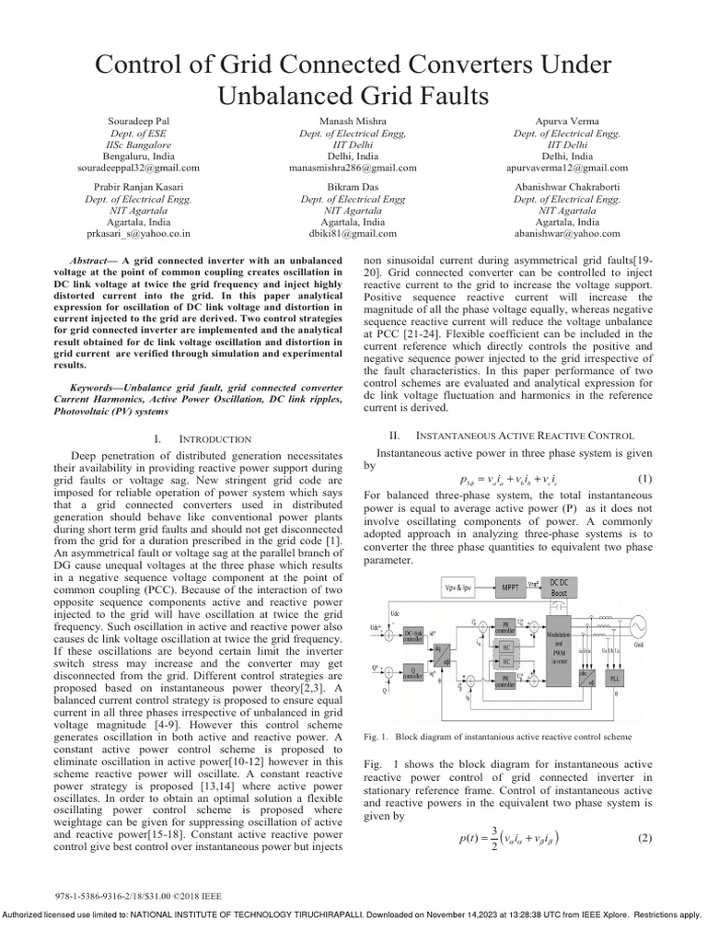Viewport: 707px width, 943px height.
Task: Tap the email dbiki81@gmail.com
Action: [353, 234]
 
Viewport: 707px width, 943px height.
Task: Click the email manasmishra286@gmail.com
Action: [353, 169]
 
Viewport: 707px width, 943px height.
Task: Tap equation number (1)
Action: [644, 479]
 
